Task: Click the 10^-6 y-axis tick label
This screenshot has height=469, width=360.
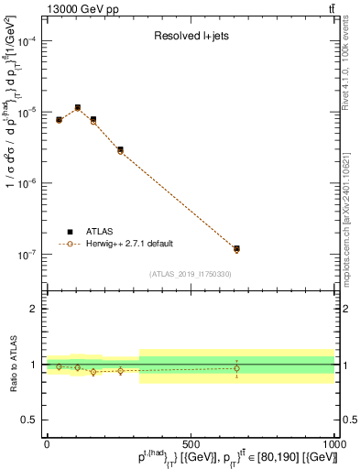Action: (27, 183)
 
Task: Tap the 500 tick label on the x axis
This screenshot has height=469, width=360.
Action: (191, 442)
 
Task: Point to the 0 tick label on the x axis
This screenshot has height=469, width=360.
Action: (47, 442)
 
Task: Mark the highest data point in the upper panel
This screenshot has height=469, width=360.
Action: (78, 108)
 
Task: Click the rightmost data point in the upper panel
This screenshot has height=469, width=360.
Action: (236, 249)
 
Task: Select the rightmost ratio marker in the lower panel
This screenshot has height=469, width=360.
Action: (236, 368)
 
